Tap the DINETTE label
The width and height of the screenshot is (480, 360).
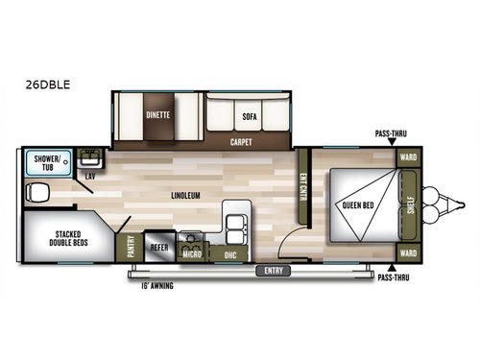(158, 113)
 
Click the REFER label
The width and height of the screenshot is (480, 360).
(159, 248)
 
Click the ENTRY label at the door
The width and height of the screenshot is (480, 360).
(275, 272)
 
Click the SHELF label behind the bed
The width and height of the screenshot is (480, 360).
(410, 205)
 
